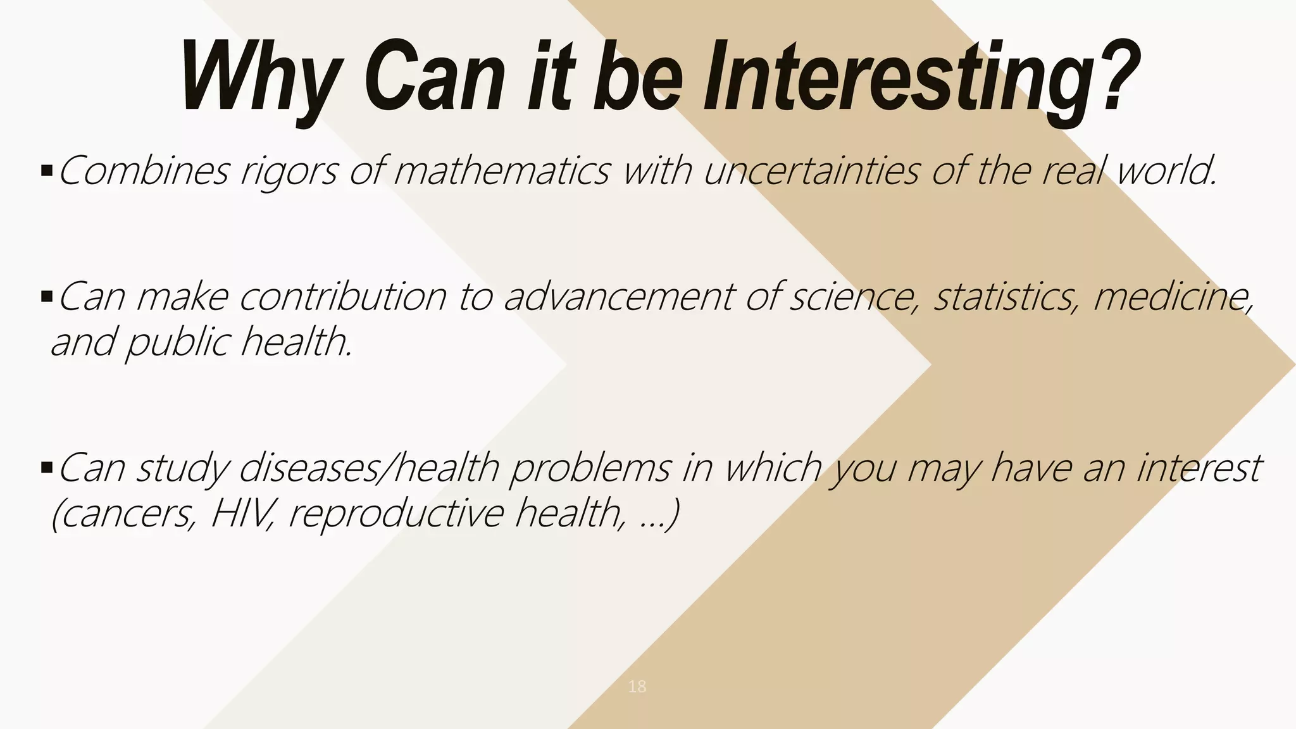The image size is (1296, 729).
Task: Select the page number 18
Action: (x=637, y=686)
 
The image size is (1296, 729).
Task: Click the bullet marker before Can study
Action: (x=46, y=468)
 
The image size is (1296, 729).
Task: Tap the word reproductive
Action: (x=396, y=514)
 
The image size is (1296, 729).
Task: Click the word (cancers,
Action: (x=123, y=514)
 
